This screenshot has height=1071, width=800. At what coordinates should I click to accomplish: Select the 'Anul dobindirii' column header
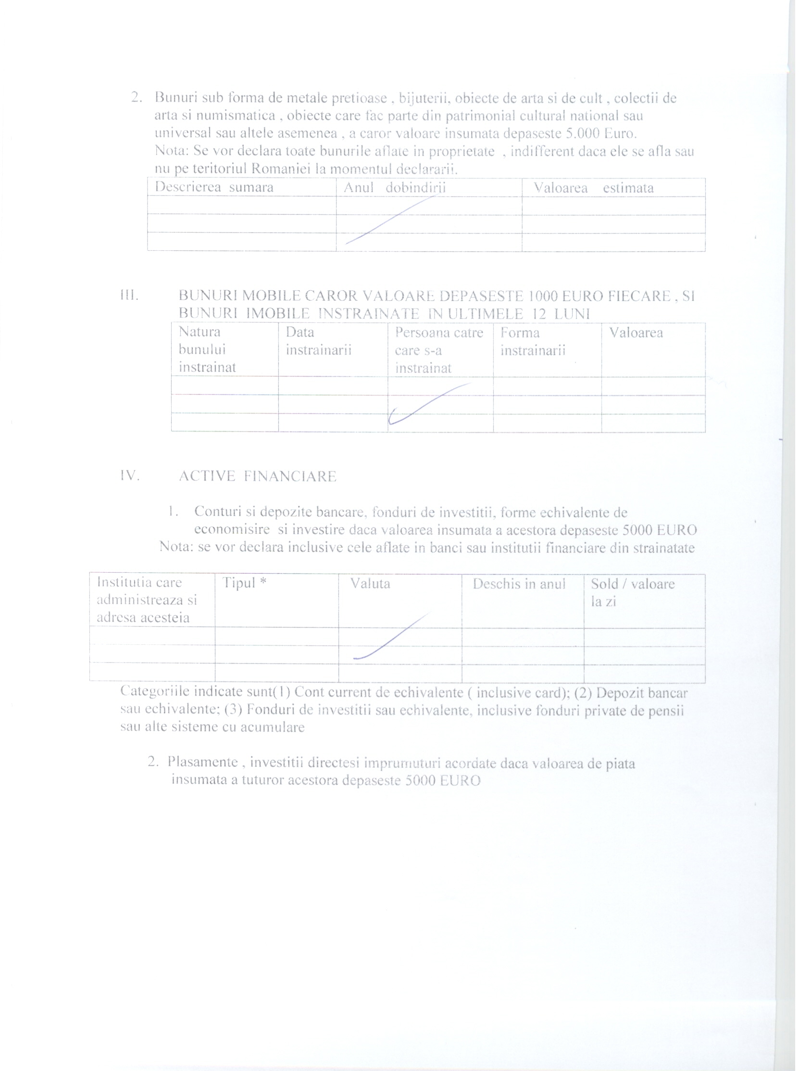(x=394, y=188)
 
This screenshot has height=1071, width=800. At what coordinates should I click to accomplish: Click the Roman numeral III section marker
(x=129, y=295)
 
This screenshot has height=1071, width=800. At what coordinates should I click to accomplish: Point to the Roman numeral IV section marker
(x=130, y=476)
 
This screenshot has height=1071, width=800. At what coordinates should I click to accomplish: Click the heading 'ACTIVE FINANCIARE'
(x=257, y=477)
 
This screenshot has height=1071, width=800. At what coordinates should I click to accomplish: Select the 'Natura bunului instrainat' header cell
(x=207, y=349)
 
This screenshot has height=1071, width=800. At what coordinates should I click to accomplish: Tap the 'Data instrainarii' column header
(x=318, y=341)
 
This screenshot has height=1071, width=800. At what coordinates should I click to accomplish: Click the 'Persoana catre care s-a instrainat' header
(x=439, y=350)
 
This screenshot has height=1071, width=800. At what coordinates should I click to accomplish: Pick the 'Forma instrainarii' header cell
(x=533, y=342)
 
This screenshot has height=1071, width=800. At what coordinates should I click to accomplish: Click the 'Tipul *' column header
(x=244, y=583)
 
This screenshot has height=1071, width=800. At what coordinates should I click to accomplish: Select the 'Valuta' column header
(x=370, y=584)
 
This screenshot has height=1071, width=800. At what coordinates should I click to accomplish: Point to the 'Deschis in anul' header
(x=519, y=584)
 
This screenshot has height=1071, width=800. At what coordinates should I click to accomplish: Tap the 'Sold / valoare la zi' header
(x=632, y=592)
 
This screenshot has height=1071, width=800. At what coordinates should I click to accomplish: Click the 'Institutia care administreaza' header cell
(x=146, y=600)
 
